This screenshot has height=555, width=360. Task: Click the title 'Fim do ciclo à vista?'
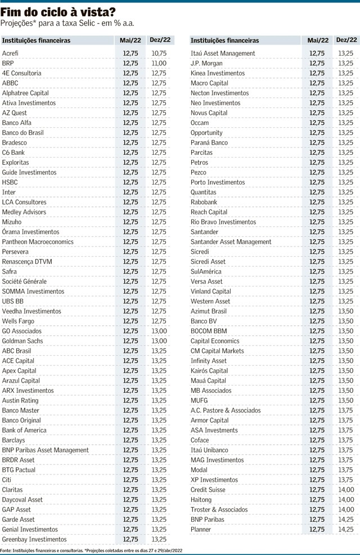pos(58,12)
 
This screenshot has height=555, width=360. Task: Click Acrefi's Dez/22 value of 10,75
pos(159,53)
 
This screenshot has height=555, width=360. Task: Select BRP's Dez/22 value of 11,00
pos(159,63)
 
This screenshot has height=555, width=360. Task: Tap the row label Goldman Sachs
pos(22,341)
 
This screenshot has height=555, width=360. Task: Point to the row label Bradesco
pos(15,142)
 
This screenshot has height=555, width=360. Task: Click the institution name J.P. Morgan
pos(206,63)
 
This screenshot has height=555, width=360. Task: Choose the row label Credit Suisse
pos(208,490)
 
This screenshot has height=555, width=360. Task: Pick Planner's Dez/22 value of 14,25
pos(346,529)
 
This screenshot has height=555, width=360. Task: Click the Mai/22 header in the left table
pos(130,41)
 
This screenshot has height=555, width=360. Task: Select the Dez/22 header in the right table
pos(346,40)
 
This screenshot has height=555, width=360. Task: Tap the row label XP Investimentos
pos(214,480)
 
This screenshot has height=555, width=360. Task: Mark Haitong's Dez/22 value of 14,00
pos(346,499)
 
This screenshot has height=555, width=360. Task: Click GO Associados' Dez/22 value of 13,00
pos(159,331)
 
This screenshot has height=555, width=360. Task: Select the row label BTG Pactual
pos(19,469)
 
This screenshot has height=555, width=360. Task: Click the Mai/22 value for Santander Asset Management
pos(317,241)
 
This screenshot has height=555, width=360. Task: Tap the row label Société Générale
pos(24,281)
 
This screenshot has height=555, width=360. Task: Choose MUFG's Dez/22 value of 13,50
pos(346,400)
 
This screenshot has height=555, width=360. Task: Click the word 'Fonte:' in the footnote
pos(6,550)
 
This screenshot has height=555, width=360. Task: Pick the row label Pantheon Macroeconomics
pos(38,241)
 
